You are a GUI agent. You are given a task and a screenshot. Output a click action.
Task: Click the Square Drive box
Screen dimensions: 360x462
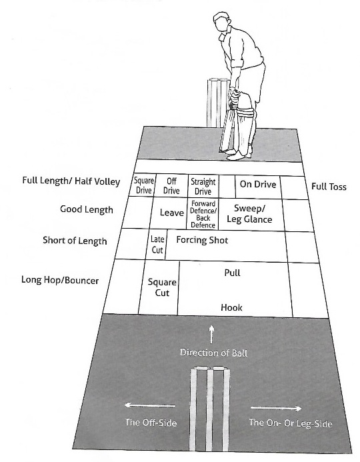point(143,185)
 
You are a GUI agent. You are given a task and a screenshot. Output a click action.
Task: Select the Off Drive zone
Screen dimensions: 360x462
point(171,185)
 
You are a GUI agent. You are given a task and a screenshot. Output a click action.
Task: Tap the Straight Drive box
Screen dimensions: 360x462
point(203,186)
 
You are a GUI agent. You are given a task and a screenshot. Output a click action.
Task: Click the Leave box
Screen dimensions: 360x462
point(169,213)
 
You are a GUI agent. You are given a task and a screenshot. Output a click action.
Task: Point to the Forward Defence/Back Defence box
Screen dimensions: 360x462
point(203,214)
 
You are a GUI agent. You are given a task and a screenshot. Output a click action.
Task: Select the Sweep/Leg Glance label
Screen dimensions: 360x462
point(249,213)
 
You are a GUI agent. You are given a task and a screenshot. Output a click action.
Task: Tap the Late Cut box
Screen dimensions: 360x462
point(157,245)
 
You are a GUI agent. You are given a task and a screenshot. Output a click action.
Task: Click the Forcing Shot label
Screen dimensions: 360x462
point(202,240)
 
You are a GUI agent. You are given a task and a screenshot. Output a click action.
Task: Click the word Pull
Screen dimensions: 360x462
point(233,273)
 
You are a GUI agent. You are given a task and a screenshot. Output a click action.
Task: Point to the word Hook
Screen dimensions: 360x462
point(231,307)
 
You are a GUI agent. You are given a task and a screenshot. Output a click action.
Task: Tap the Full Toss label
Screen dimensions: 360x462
point(329,187)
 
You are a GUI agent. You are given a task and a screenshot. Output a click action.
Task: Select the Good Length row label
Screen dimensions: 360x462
point(87,209)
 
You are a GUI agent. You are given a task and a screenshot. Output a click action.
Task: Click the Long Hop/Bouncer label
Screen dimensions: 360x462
point(60,280)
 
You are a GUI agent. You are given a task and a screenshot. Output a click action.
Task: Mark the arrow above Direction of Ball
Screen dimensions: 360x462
point(211,335)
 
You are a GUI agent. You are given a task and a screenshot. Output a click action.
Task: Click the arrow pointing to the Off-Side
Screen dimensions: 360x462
point(149,405)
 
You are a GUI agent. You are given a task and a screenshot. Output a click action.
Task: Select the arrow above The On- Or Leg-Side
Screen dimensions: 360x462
point(276,409)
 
